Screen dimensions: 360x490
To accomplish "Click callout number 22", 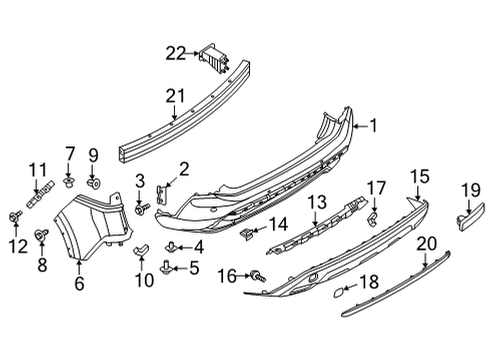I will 176,53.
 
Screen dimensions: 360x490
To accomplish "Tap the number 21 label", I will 176,97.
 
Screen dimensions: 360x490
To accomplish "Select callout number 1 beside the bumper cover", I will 374,126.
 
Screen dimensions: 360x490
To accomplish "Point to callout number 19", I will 470,189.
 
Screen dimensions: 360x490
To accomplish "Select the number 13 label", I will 316,203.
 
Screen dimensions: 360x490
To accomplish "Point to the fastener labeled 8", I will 43,235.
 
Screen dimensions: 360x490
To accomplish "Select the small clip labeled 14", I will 245,232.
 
